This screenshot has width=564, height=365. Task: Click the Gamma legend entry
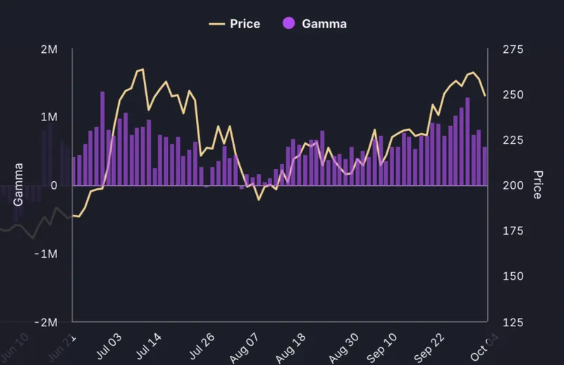(x=314, y=24)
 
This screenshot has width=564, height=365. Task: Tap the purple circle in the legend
(x=288, y=24)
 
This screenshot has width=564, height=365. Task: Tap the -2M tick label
(x=47, y=322)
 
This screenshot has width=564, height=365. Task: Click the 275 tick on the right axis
(x=513, y=50)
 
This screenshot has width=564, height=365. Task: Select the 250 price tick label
(x=513, y=95)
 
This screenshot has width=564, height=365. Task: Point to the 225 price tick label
(x=513, y=140)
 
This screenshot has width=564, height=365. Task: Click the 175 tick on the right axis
(x=513, y=231)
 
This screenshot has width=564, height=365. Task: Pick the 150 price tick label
(x=513, y=276)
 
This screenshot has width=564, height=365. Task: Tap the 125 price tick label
(x=513, y=322)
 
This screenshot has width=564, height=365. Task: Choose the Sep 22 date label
(x=429, y=345)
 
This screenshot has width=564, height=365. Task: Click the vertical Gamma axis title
(x=18, y=185)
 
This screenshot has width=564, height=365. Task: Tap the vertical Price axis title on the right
(x=538, y=185)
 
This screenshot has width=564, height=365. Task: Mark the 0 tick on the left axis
(x=55, y=185)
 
